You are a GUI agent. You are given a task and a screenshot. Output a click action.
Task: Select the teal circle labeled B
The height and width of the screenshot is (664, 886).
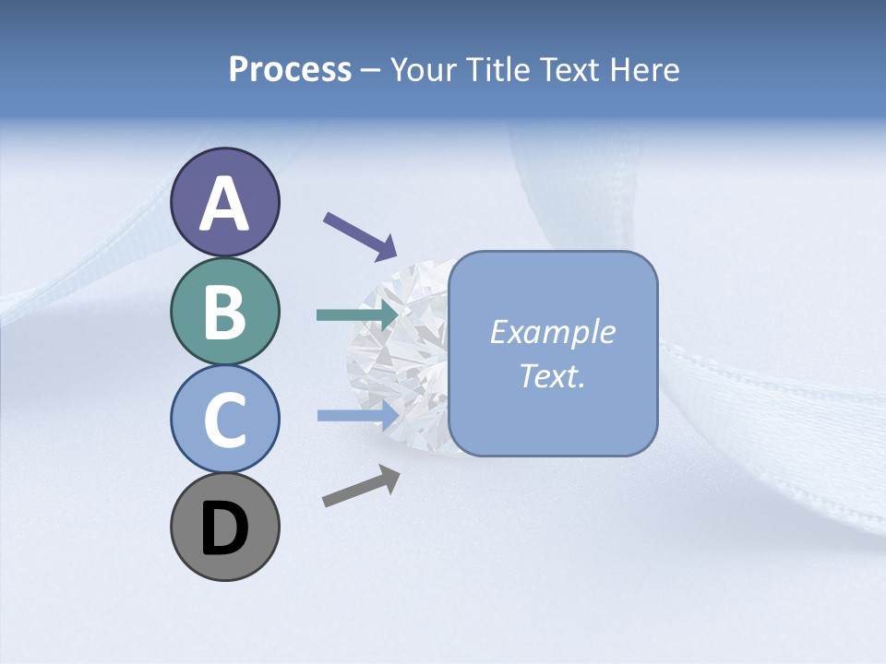tap(225, 312)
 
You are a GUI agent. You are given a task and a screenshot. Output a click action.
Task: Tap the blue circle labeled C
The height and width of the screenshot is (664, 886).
tap(225, 419)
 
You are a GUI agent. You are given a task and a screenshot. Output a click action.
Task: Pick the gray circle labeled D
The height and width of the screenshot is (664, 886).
tap(225, 528)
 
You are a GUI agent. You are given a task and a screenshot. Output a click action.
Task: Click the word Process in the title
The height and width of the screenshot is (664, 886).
tap(290, 70)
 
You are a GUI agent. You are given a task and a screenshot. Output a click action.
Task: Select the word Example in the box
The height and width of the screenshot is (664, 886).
tap(552, 332)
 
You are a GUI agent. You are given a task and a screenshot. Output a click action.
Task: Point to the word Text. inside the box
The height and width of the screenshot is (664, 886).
tap(552, 375)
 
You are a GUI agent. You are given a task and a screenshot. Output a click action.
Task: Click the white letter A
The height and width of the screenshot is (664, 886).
tap(225, 203)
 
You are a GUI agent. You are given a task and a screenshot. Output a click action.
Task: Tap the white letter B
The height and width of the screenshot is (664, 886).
tap(225, 312)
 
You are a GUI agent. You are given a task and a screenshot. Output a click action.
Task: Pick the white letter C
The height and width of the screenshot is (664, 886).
tap(225, 421)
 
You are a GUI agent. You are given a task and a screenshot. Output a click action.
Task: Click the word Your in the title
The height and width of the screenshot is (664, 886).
tap(425, 70)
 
